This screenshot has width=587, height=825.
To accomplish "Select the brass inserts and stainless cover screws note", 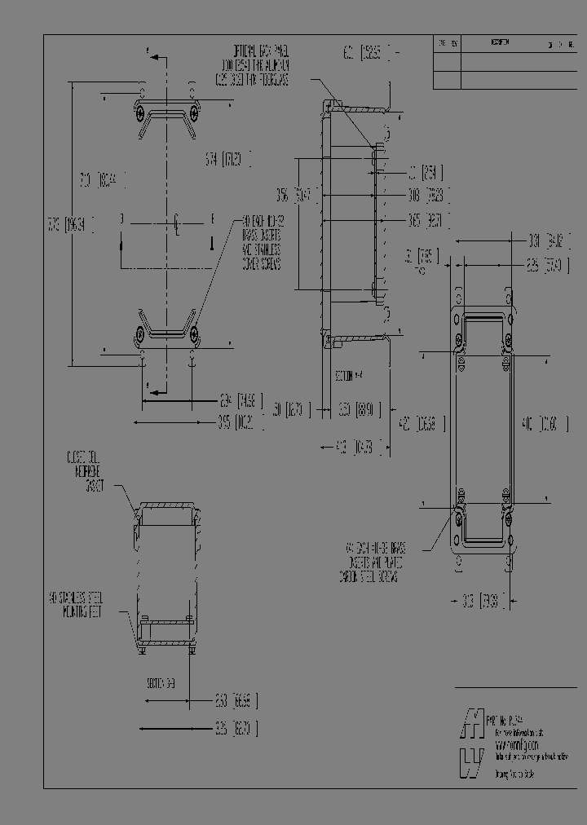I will [261, 242].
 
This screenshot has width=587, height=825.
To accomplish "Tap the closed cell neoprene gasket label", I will [83, 470].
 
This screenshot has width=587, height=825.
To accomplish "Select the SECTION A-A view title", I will [348, 376].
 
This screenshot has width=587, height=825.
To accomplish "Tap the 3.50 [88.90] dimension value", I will [359, 408].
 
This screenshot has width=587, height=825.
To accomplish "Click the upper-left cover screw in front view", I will [143, 110].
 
